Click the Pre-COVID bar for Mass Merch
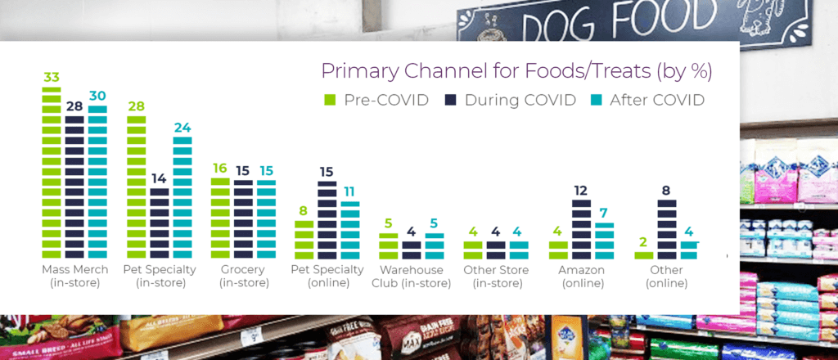coord(52,173)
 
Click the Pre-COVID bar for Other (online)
coord(644,254)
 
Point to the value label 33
coord(52,78)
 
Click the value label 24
coord(182,128)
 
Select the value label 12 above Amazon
coord(582,191)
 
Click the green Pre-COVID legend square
coord(331,101)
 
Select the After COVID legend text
coord(657,101)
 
